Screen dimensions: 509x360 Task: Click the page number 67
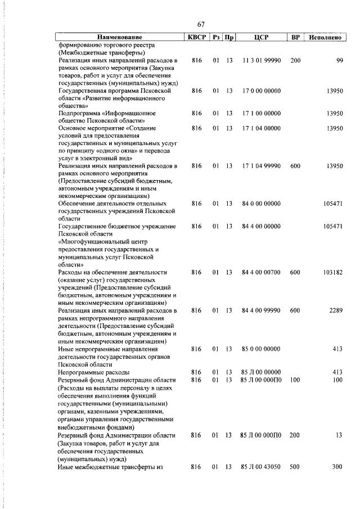pos(201,24)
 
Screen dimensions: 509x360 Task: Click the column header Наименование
pos(118,37)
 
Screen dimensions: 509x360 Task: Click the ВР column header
pos(295,37)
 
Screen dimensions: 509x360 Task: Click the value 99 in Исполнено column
pos(339,60)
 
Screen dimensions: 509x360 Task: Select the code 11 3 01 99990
pos(261,60)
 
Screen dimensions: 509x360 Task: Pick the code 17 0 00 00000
pos(261,91)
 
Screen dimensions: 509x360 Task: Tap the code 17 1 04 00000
pos(261,128)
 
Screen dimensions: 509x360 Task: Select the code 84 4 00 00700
pos(261,272)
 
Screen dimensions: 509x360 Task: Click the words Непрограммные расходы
pos(94,372)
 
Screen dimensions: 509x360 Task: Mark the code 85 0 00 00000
pos(261,349)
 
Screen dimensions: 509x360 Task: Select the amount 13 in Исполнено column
pos(339,435)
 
